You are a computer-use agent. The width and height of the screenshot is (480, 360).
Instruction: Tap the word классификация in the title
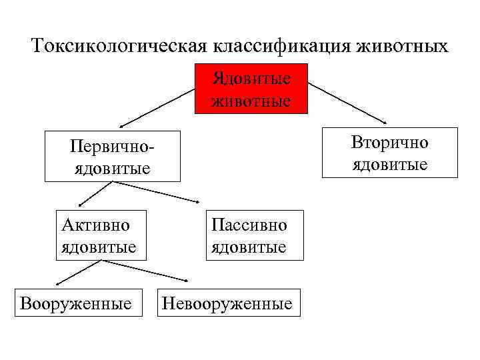(281, 46)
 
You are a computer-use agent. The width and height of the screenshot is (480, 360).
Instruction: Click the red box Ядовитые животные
(251, 89)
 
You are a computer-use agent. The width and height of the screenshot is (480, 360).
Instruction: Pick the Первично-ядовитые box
(113, 156)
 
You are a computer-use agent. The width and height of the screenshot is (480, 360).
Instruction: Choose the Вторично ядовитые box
(390, 153)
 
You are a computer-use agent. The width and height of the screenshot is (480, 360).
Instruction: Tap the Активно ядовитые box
(99, 235)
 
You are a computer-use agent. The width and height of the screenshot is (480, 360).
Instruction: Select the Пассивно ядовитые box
(249, 235)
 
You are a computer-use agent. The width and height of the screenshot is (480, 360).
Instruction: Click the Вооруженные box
(76, 304)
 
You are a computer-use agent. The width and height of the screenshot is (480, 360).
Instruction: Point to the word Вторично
(390, 143)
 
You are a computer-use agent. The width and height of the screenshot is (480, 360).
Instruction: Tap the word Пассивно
(249, 225)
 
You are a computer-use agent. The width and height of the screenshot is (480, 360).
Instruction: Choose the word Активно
(95, 225)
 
